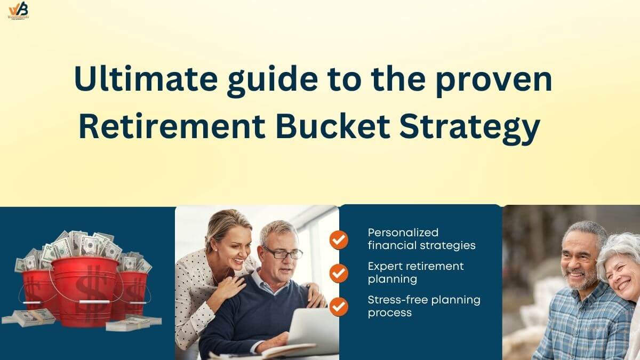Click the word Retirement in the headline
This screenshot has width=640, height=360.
point(172,128)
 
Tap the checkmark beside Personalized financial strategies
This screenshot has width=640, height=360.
point(339,239)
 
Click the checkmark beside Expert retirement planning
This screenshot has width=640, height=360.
point(339,273)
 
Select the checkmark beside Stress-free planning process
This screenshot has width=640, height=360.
point(339,306)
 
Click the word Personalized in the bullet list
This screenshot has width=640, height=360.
point(403,233)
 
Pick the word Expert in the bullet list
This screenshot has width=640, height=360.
point(384,266)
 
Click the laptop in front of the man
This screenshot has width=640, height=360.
point(309,333)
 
